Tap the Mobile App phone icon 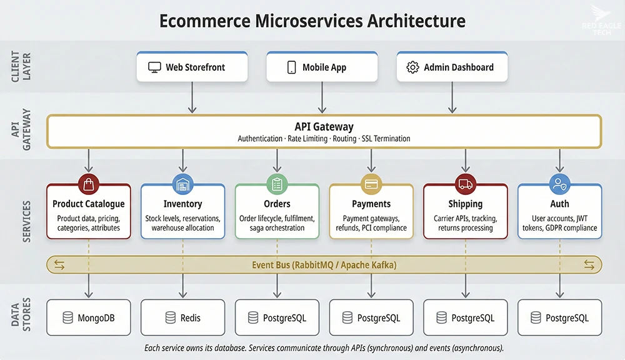coord(291,67)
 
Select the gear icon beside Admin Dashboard coord(412,67)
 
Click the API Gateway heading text coord(324,126)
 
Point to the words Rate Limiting coord(307,138)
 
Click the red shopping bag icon coord(88,184)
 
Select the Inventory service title coord(182,204)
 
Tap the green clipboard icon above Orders coord(277,184)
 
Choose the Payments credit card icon coord(371,184)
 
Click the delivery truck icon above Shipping coord(466,184)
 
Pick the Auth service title coord(559,204)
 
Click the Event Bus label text coord(324,265)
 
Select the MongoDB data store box coord(89,318)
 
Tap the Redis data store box coord(182,318)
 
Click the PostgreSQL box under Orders coord(277,318)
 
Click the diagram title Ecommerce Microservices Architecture coord(312,21)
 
